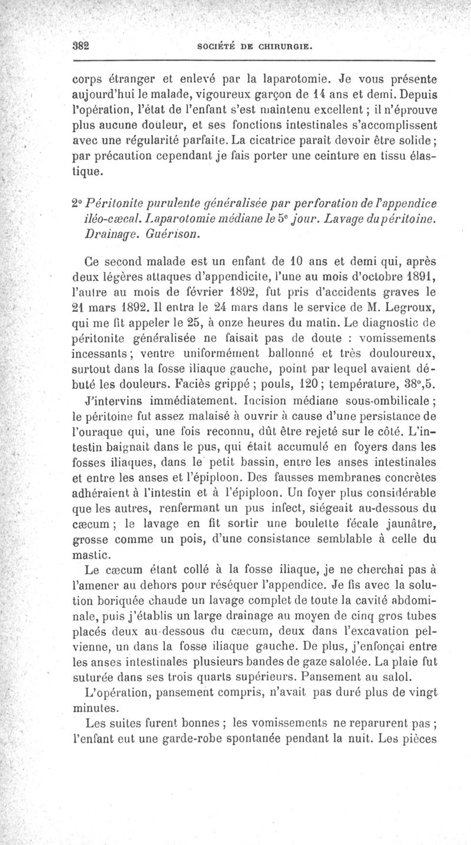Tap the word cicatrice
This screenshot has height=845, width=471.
[x=256, y=140]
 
